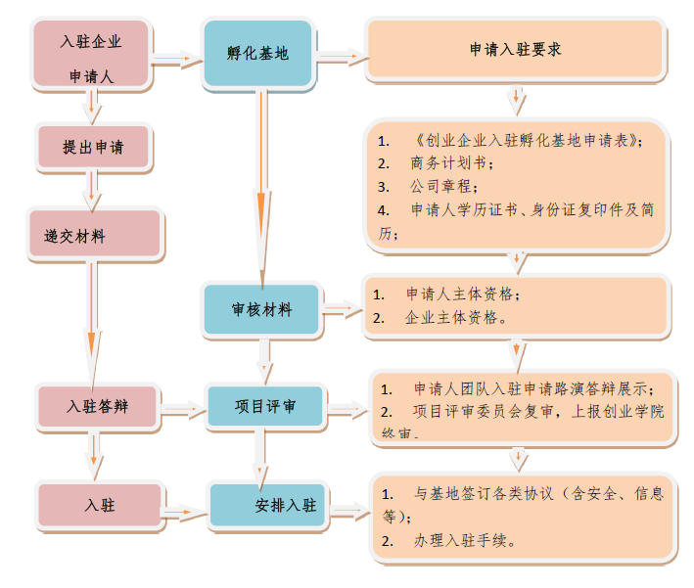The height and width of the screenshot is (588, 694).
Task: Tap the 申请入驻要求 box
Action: coord(515,49)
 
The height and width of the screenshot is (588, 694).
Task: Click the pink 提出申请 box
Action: coord(92,148)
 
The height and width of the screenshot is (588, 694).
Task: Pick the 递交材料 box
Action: coord(92,235)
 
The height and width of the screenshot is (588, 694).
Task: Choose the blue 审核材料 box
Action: coord(261,310)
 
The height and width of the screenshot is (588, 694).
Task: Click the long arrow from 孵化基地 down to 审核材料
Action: coord(261,186)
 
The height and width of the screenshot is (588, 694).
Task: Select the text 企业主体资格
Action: coord(454,318)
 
